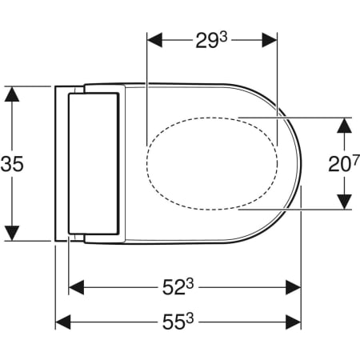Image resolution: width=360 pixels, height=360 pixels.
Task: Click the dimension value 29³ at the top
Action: [x=212, y=39]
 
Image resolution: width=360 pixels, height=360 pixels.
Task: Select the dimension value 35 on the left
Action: [x=12, y=164]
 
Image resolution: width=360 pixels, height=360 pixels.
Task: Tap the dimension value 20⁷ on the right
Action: [x=343, y=164]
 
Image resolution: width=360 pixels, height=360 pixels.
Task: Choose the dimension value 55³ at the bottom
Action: [x=178, y=322]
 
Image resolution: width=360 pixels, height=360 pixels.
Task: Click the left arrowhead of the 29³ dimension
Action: [x=154, y=39]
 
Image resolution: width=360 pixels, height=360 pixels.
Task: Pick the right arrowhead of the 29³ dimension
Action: [x=270, y=39]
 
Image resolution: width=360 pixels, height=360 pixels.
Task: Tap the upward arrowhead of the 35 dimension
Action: [x=12, y=94]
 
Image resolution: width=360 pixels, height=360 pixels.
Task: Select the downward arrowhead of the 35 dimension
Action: [x=12, y=233]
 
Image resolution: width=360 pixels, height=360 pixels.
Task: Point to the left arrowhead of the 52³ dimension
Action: [x=76, y=286]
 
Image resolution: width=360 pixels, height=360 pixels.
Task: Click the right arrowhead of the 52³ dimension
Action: [x=293, y=286]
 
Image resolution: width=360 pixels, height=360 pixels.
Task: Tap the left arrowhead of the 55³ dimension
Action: [x=62, y=322]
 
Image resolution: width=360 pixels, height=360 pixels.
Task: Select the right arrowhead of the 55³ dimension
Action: [x=293, y=322]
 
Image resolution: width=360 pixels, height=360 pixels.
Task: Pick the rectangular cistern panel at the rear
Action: [x=94, y=164]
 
